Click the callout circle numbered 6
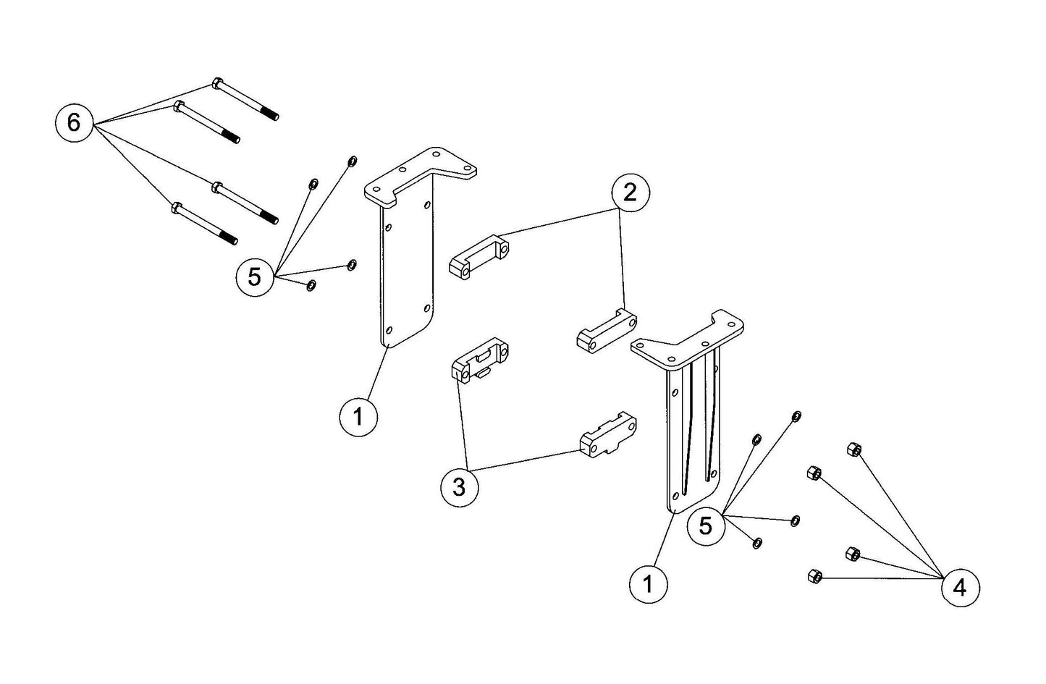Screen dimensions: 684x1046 74,122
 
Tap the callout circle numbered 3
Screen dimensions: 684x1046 460,487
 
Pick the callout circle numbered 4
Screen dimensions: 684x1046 960,587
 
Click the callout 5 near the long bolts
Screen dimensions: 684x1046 255,276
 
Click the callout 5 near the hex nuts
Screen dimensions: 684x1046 706,525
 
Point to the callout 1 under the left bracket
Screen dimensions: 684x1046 358,417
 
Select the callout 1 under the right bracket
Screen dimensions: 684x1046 649,583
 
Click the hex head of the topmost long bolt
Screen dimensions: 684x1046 216,83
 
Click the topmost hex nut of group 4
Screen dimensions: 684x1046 853,450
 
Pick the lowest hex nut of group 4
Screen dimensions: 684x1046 812,576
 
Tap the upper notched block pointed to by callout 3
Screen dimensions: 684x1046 480,359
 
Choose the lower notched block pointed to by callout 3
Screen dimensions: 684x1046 607,435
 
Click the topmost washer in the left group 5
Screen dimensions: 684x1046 352,160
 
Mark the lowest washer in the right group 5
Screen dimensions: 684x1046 756,542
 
